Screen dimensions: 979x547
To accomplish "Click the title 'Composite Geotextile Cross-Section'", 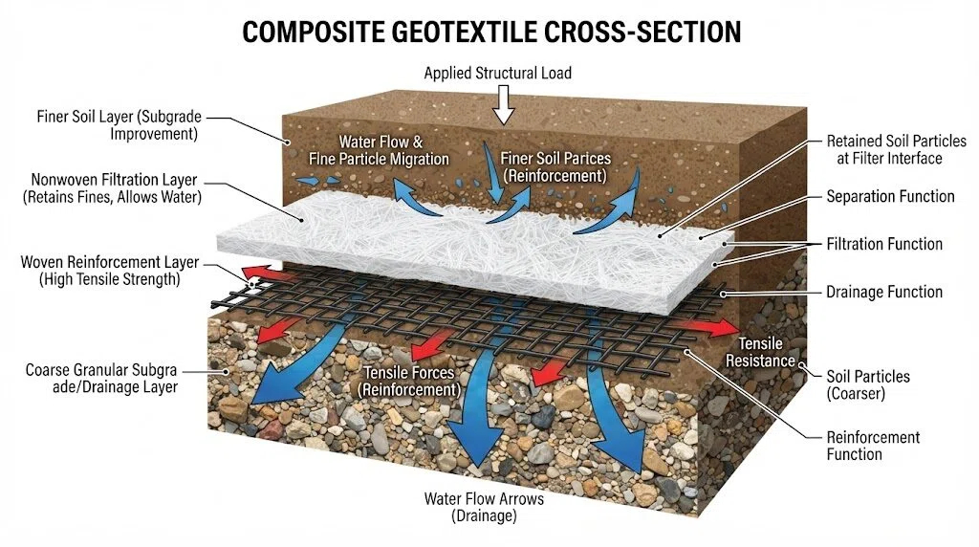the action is tap(491, 32).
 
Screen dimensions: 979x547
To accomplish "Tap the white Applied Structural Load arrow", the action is tap(503, 104).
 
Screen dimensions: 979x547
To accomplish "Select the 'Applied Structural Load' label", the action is tap(497, 73).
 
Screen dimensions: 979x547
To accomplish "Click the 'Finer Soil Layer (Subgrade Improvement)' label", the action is tap(119, 125).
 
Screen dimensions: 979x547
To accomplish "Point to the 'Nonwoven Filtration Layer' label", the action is tap(115, 180).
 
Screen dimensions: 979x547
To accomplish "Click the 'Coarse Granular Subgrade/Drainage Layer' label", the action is tap(101, 379).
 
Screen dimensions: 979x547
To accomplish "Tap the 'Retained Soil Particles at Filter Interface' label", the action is tap(896, 150).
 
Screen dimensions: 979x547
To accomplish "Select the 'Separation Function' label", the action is tap(890, 197).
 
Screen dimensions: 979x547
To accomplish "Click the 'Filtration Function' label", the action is tap(884, 244).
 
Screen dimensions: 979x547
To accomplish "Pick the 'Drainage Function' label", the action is tap(884, 292).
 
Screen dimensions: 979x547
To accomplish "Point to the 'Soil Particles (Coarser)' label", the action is tap(868, 384).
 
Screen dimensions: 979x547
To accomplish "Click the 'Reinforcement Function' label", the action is tap(873, 446).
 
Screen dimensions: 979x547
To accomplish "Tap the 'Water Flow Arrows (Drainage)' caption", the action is tap(484, 507).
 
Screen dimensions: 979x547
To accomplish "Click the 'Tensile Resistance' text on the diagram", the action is tap(760, 352).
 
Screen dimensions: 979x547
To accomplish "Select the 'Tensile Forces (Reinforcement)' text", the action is tap(409, 381).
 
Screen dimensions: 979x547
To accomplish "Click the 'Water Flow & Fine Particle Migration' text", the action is tap(379, 150).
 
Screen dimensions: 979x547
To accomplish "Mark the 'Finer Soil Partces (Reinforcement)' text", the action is tap(555, 167).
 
